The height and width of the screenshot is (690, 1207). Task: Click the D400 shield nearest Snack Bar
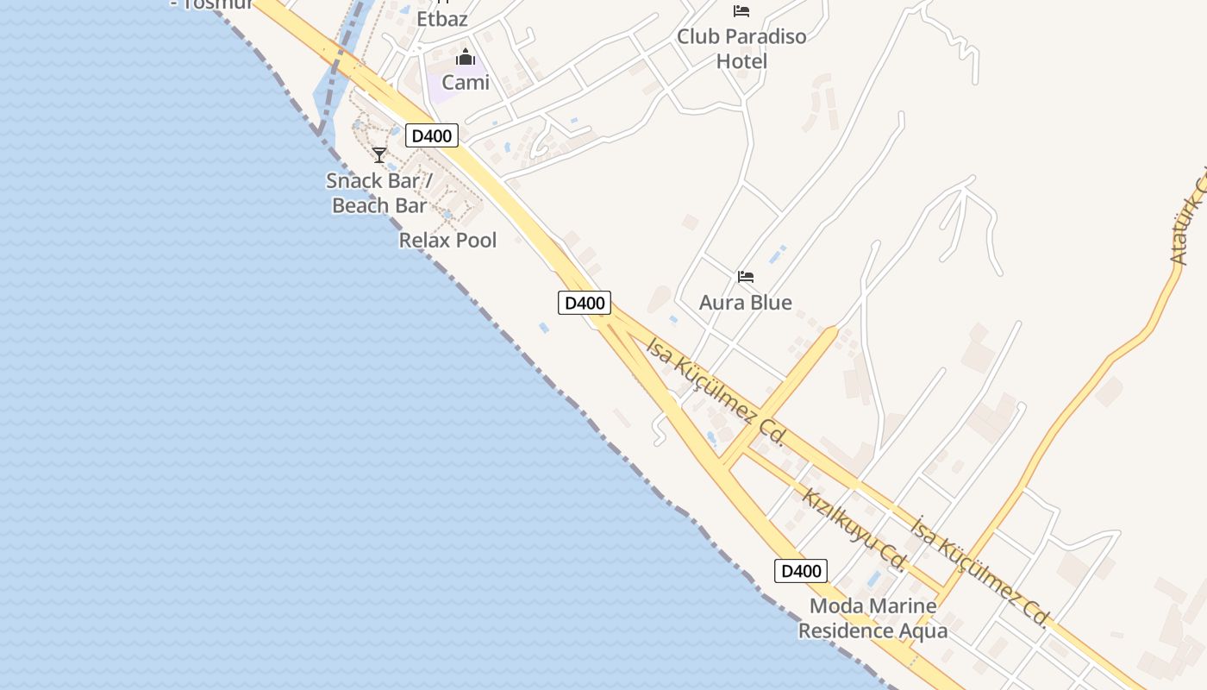click(x=432, y=135)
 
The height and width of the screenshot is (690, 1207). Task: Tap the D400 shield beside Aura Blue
click(x=585, y=303)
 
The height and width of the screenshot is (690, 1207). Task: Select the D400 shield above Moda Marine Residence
click(x=801, y=571)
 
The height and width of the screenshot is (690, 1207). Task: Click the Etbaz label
click(x=442, y=18)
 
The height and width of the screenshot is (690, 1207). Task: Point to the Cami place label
click(x=466, y=83)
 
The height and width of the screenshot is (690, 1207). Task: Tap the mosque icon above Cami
click(x=466, y=58)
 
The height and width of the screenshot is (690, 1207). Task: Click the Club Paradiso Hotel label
click(x=741, y=48)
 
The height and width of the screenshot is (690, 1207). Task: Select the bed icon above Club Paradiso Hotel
click(x=741, y=11)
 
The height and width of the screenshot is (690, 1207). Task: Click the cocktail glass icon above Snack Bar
click(x=379, y=155)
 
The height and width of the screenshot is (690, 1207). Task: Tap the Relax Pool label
click(x=447, y=240)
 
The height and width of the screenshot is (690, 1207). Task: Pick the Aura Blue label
click(x=745, y=303)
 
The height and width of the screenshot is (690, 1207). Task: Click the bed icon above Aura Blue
click(x=746, y=277)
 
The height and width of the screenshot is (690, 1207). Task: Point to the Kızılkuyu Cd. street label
click(x=853, y=530)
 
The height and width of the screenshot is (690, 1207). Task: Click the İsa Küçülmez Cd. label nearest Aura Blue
click(x=715, y=392)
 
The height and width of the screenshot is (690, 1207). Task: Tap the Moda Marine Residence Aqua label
click(x=872, y=618)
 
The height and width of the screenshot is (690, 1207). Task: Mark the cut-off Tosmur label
click(x=212, y=3)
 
